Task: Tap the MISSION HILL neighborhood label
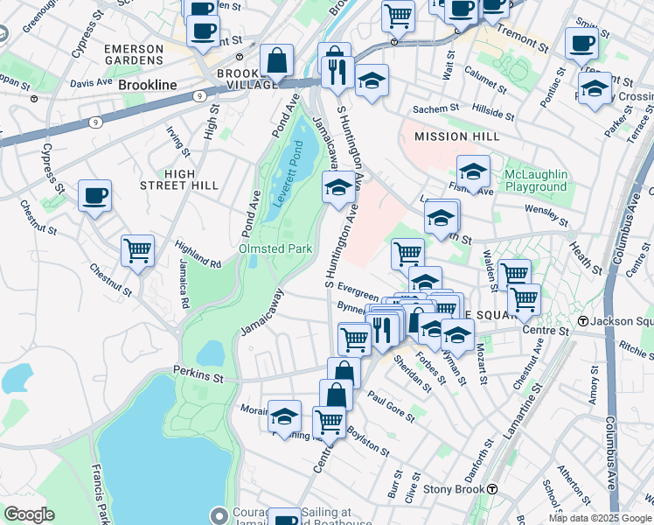(445, 136)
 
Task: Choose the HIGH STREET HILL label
(179, 179)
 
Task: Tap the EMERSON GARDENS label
(134, 54)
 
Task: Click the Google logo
(29, 514)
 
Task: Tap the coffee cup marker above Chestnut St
(94, 196)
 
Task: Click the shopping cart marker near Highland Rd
(137, 251)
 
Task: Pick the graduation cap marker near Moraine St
(284, 416)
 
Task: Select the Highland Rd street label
(198, 255)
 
